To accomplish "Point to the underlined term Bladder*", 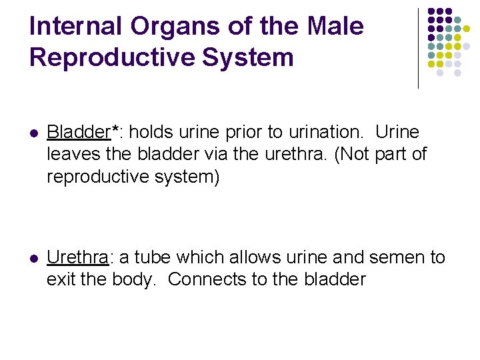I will click(x=78, y=132).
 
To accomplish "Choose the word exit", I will click(x=61, y=279).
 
